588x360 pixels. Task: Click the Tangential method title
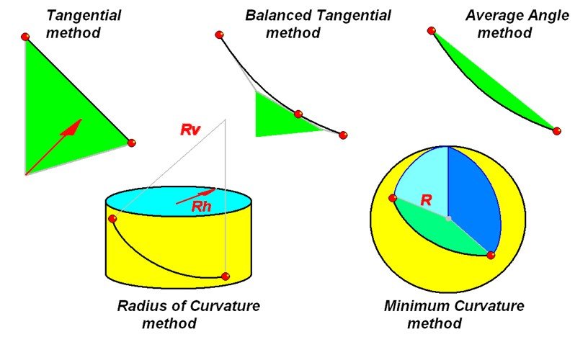pyautogui.click(x=84, y=24)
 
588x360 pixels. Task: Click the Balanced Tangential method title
pyautogui.click(x=317, y=24)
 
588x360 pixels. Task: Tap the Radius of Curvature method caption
pyautogui.click(x=188, y=315)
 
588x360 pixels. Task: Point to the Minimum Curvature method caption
pyautogui.click(x=453, y=315)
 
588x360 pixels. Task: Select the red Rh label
pyautogui.click(x=202, y=206)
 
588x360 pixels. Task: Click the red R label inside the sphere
pyautogui.click(x=426, y=201)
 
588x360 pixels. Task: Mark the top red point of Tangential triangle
pyautogui.click(x=25, y=37)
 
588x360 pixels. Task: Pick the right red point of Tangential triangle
pyautogui.click(x=131, y=143)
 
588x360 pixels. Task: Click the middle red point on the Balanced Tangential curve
pyautogui.click(x=298, y=114)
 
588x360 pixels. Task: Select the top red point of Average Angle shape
pyautogui.click(x=432, y=30)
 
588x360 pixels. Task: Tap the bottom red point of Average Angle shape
pyautogui.click(x=556, y=130)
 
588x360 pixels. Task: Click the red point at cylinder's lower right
pyautogui.click(x=226, y=276)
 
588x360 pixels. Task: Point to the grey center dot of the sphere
pyautogui.click(x=448, y=217)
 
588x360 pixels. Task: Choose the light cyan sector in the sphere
pyautogui.click(x=422, y=180)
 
